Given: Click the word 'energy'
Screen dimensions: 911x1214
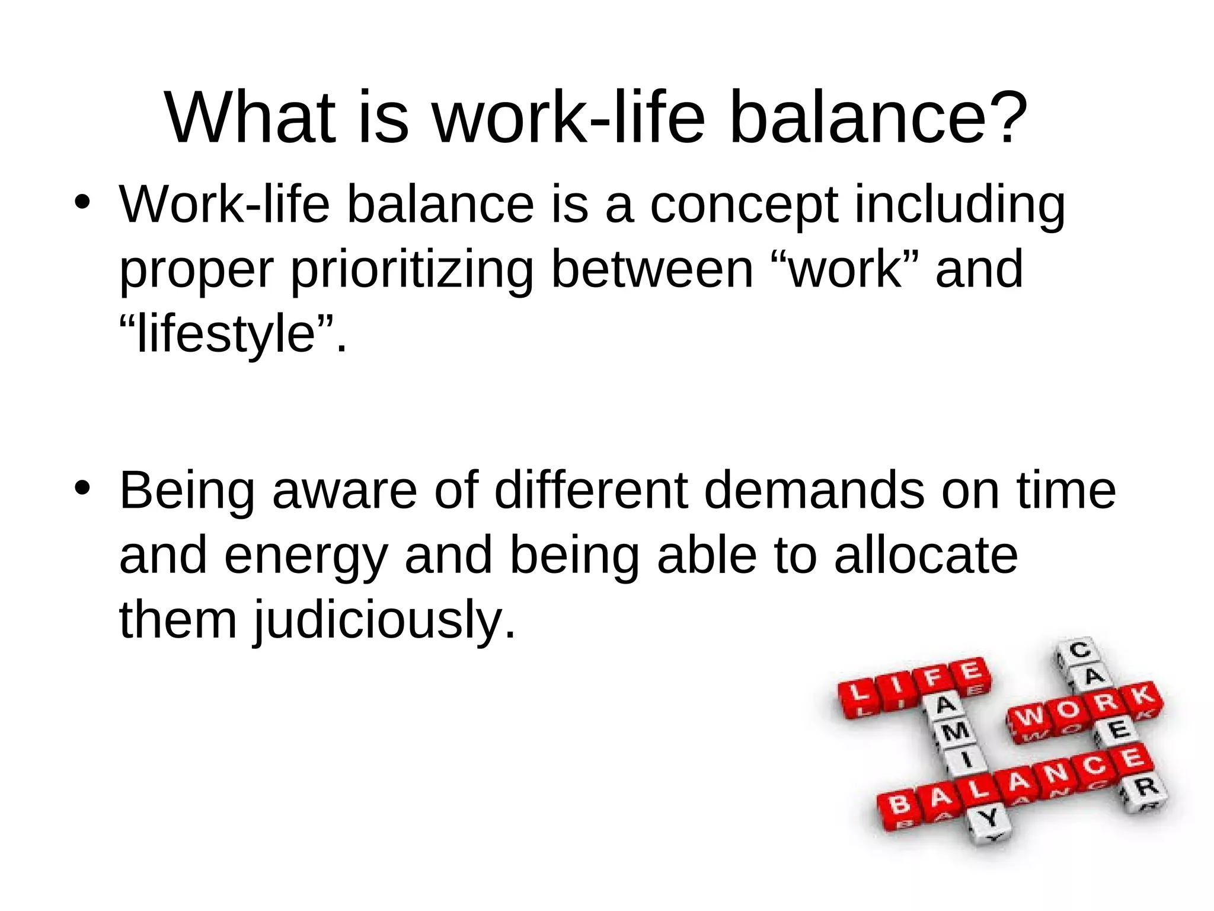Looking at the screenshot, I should point(305,556).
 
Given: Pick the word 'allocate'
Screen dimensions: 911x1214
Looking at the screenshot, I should point(925,555).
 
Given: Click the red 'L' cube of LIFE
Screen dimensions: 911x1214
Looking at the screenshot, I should point(857,695).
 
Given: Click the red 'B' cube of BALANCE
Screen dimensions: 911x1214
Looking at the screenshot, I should point(899,805).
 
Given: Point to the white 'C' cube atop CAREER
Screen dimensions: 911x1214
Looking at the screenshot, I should point(1079,650).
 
